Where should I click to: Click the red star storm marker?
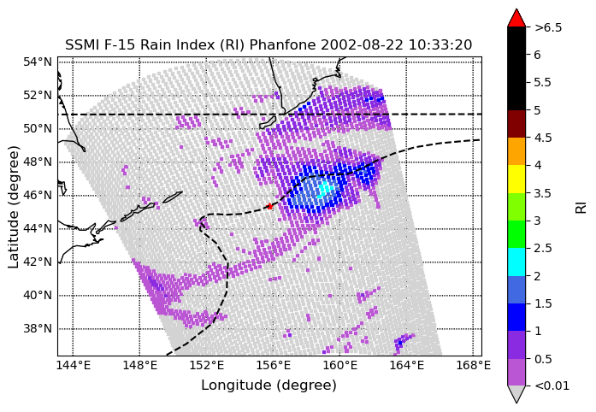[269, 206]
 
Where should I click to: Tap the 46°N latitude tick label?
[38, 196]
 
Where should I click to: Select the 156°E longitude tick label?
[273, 366]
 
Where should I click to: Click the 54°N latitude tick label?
[38, 62]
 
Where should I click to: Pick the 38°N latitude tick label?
[38, 328]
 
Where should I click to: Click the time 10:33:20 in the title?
[440, 44]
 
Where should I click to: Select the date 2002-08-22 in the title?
[362, 44]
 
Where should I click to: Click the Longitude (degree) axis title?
[268, 386]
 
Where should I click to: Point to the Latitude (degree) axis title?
[14, 207]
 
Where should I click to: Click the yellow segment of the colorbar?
[516, 179]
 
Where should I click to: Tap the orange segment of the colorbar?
[516, 151]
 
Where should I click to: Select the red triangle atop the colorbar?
[516, 19]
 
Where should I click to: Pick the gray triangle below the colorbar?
[516, 394]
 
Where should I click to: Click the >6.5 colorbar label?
[548, 27]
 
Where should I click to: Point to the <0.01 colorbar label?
[552, 386]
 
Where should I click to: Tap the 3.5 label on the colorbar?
[542, 193]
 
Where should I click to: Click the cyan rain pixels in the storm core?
[324, 189]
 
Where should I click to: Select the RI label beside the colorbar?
[581, 208]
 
